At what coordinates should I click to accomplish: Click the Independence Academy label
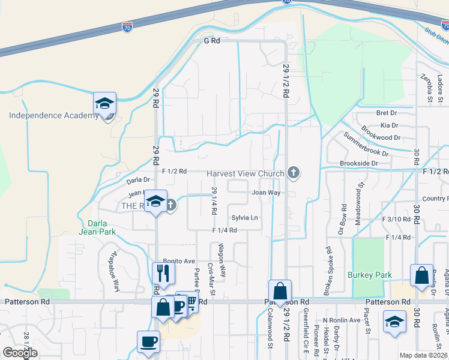(53, 115)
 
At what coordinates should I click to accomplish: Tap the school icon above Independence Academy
(104, 104)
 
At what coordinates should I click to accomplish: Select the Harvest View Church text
(245, 173)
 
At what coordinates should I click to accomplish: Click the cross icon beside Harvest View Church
(294, 173)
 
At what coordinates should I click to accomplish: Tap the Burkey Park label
(370, 275)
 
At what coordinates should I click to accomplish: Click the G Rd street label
(212, 41)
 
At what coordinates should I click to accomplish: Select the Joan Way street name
(266, 193)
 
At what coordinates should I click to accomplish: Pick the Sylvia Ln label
(245, 217)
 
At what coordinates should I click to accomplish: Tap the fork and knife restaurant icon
(163, 273)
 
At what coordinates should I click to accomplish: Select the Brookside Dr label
(358, 163)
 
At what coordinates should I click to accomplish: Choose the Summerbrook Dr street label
(367, 145)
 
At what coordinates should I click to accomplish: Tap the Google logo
(20, 352)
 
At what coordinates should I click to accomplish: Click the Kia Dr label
(390, 125)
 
